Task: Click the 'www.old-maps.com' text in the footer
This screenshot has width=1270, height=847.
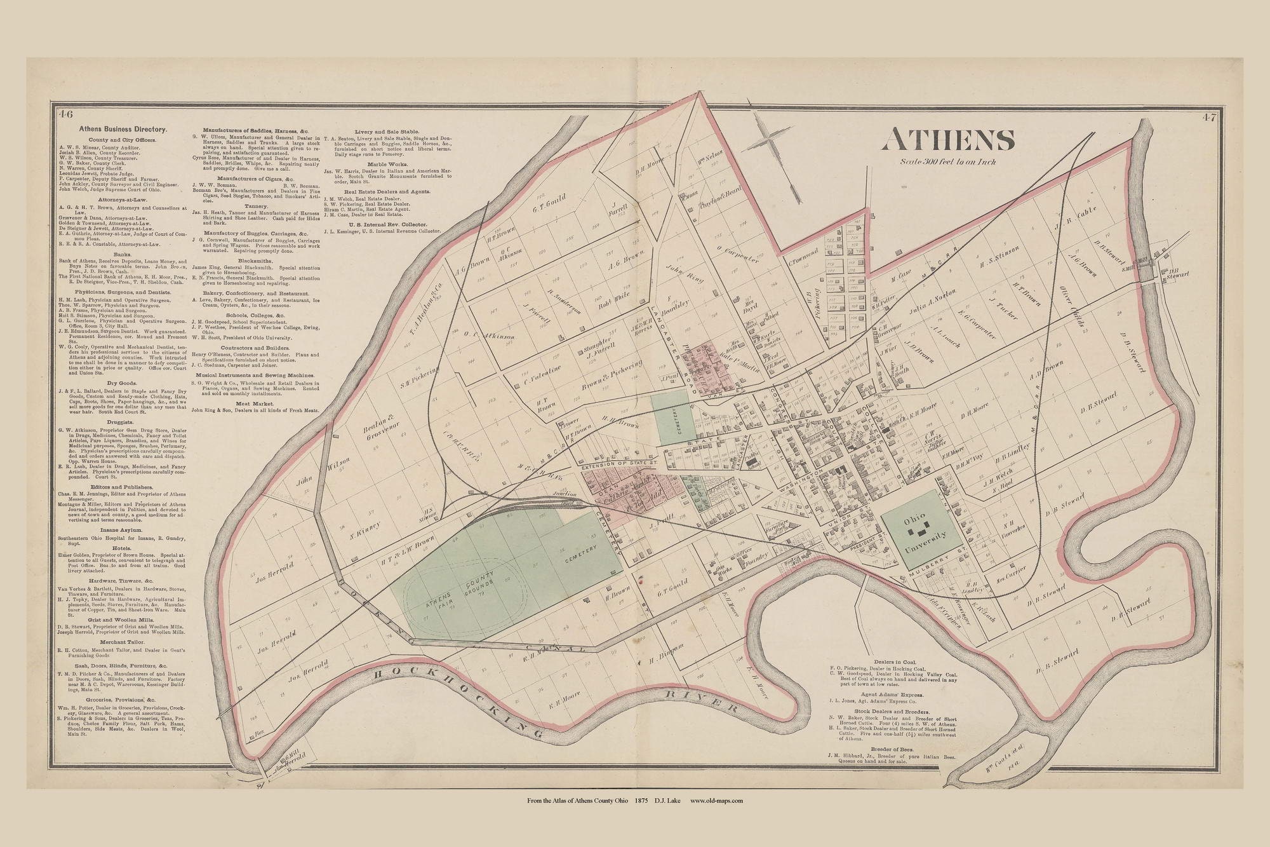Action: (716, 801)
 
